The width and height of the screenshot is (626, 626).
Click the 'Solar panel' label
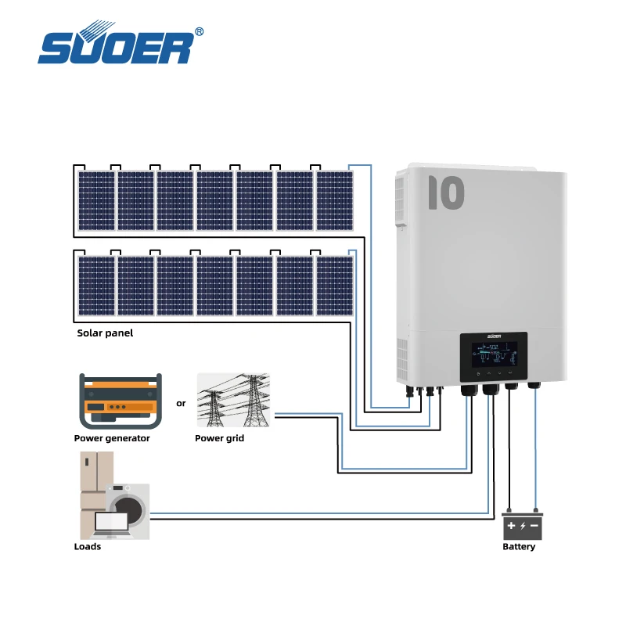tap(105, 333)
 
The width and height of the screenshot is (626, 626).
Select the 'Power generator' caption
tap(112, 438)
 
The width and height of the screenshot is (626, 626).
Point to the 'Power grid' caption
tap(219, 438)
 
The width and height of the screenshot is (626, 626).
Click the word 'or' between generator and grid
tap(182, 404)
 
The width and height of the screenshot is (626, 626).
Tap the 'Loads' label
tap(88, 546)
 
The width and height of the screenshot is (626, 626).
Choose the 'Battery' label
tap(519, 546)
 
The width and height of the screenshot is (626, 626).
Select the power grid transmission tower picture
tap(232, 400)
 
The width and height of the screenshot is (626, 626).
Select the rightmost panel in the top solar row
tap(334, 200)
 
